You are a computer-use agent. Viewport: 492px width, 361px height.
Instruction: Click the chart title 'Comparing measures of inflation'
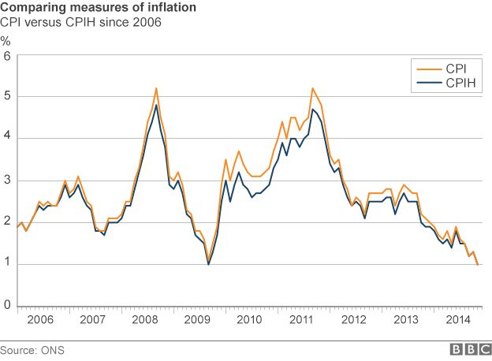99,8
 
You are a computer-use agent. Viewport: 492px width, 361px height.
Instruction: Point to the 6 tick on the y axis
7,56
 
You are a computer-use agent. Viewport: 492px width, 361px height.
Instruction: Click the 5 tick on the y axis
7,97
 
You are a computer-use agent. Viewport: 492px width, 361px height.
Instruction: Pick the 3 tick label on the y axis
7,180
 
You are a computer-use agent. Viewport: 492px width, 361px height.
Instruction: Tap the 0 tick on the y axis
7,305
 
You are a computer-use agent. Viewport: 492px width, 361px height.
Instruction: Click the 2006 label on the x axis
40,320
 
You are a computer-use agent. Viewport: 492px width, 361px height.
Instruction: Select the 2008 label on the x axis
143,320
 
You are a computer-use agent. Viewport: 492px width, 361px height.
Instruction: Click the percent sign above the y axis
6,41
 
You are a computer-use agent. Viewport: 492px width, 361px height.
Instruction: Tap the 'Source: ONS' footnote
32,348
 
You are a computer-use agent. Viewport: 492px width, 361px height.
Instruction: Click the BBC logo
468,348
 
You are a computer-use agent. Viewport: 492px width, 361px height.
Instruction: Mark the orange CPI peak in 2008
156,88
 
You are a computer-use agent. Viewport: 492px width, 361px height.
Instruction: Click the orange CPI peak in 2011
313,88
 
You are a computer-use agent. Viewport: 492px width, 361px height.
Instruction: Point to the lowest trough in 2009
208,263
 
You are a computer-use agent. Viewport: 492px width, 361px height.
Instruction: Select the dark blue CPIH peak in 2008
156,105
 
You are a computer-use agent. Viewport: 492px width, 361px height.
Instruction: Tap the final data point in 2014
478,264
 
